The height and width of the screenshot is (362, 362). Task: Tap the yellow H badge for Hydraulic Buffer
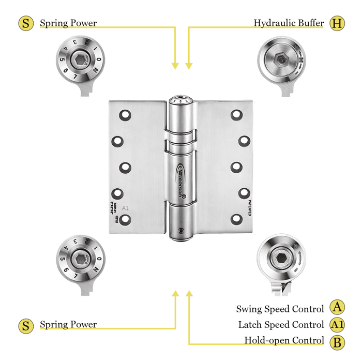337,23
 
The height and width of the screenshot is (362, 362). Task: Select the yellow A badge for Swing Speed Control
337,308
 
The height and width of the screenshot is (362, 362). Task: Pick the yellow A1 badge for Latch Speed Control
337,325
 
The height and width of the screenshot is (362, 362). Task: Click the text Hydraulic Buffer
289,23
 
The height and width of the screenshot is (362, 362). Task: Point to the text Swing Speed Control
280,309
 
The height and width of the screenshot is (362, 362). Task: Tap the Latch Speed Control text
281,325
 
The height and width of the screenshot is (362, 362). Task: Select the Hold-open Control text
284,341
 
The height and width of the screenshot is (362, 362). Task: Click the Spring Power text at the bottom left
68,325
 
